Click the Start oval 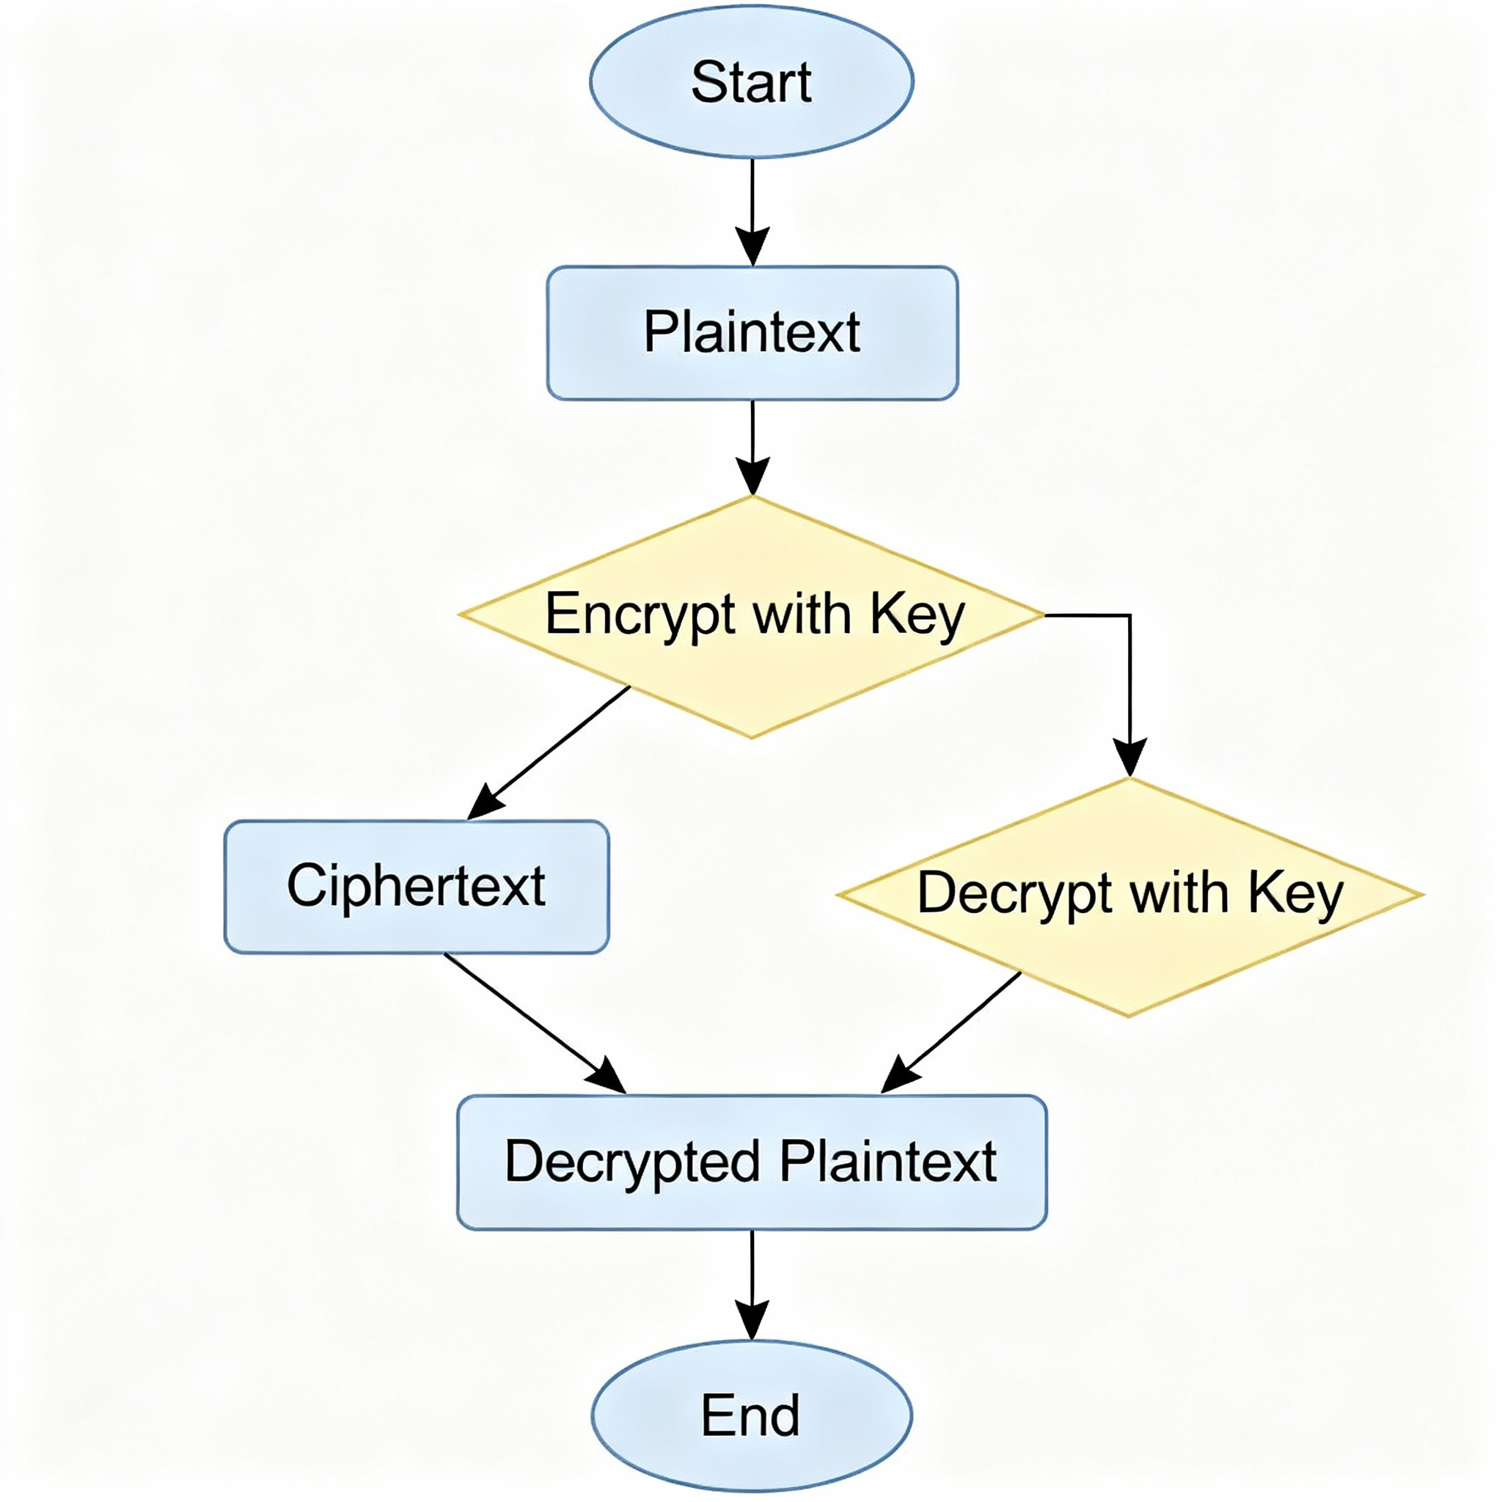751,81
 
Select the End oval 751,1415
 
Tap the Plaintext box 752,333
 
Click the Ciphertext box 417,886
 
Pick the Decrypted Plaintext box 752,1162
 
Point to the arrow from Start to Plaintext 752,210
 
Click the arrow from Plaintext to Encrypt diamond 752,447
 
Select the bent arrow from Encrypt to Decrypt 1129,684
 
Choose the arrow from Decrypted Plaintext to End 752,1283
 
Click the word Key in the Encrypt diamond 917,616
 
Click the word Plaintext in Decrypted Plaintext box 888,1162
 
